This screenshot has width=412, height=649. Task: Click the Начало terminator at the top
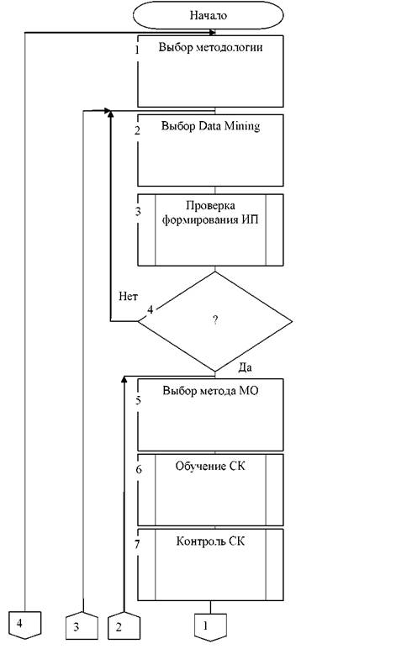209,15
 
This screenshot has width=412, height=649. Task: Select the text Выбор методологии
210,47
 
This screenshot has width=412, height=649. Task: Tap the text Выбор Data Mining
210,126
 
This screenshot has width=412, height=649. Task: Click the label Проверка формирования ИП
210,213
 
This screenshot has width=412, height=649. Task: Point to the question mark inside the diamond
215,319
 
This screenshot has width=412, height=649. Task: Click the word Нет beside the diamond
128,296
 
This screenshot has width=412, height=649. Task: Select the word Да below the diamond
246,367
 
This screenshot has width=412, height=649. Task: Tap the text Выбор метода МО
210,391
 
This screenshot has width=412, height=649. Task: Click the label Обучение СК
210,466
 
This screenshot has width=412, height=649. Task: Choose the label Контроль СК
210,541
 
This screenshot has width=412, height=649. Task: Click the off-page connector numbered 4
25,624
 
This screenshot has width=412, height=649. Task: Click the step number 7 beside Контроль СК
137,545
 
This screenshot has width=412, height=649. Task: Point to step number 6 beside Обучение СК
139,469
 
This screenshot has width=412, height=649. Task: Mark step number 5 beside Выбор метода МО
138,400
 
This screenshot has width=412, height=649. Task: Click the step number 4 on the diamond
150,309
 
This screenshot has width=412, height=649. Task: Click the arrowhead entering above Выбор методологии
213,32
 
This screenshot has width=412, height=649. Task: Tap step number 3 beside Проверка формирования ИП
138,212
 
